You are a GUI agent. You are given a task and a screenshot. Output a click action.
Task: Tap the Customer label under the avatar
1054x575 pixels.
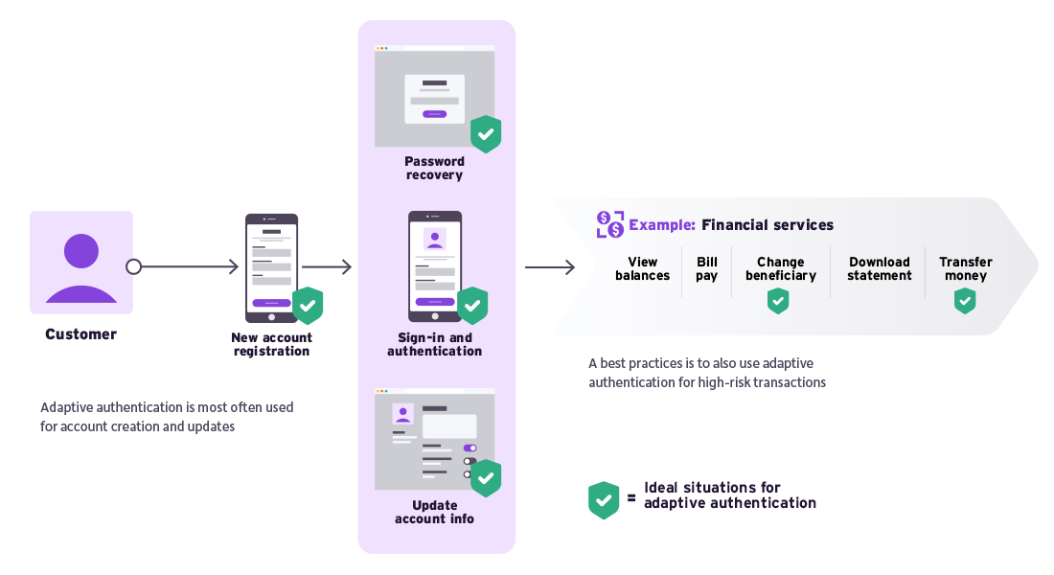(x=81, y=334)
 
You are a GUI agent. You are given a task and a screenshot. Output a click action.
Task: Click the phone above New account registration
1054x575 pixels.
(x=271, y=267)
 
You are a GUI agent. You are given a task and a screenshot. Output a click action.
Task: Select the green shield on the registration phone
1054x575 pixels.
(x=308, y=306)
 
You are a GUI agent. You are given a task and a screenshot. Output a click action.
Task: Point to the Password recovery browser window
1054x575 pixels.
(x=434, y=96)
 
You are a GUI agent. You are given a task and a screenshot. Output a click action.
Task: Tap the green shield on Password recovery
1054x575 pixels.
(x=486, y=134)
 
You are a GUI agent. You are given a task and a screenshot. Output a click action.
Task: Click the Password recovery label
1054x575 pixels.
(x=434, y=169)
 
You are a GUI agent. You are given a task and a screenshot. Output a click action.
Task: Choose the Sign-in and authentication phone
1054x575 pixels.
(x=435, y=265)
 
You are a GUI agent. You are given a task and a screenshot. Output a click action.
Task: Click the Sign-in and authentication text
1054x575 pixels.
(x=434, y=344)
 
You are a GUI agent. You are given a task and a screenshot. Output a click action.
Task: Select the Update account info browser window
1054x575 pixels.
(x=434, y=439)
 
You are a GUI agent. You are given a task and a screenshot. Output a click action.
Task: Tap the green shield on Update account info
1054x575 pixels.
(x=486, y=478)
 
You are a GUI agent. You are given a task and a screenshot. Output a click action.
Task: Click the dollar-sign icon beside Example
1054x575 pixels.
(x=609, y=225)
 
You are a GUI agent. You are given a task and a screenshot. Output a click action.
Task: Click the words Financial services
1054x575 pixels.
(x=768, y=225)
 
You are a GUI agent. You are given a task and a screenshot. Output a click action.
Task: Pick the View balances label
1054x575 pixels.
(x=642, y=268)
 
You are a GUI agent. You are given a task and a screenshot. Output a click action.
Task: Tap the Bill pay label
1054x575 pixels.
(x=707, y=268)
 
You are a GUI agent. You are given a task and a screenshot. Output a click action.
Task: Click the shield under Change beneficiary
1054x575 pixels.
(x=778, y=301)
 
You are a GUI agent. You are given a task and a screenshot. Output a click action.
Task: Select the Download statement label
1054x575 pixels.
(x=879, y=268)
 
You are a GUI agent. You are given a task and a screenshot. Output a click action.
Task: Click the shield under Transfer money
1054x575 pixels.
(x=965, y=301)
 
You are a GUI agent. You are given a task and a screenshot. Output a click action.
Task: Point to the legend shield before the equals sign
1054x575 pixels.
(x=603, y=500)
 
